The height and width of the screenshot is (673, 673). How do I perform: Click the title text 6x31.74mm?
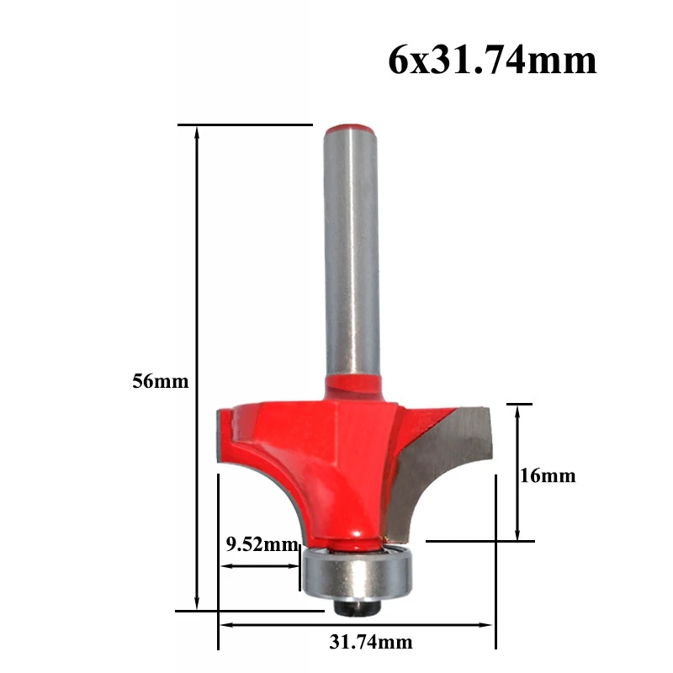(x=492, y=61)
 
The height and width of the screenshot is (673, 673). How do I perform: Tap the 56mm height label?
(x=160, y=381)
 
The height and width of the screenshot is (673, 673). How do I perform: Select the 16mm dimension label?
(x=548, y=476)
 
